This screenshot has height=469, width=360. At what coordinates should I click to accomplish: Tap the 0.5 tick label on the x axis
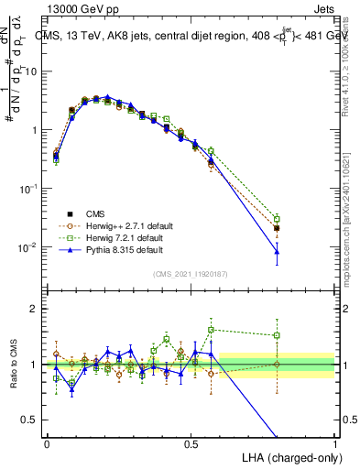(x=191, y=444)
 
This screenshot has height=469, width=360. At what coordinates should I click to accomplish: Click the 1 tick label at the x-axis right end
(x=335, y=444)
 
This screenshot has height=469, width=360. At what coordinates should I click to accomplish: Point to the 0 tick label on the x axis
(x=47, y=444)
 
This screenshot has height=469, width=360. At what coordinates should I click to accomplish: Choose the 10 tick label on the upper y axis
(x=31, y=71)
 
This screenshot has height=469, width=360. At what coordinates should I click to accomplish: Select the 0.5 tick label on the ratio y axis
(x=30, y=420)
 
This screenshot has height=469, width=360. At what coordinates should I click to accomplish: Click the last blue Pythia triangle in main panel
(x=278, y=251)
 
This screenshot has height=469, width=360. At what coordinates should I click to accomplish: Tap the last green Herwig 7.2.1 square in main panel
(x=278, y=219)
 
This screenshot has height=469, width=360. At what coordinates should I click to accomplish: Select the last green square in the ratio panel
(x=278, y=335)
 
